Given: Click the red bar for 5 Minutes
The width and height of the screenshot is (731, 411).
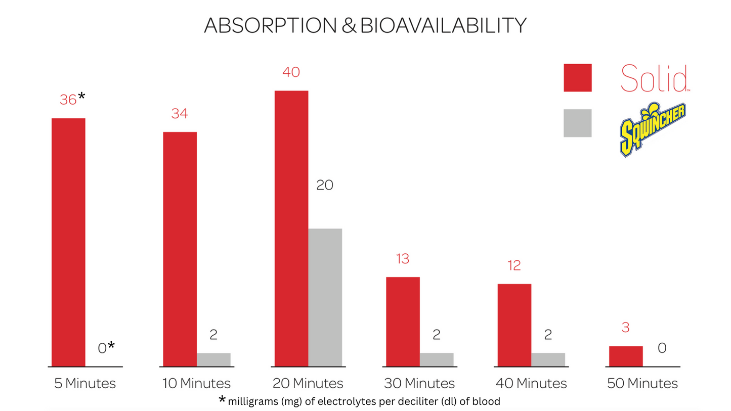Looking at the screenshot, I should click(68, 242).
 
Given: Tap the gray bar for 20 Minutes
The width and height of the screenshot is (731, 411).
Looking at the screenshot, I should click(325, 297).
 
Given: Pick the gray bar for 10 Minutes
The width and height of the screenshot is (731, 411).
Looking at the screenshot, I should click(213, 359).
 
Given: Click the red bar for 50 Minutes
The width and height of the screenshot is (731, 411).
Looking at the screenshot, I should click(626, 356).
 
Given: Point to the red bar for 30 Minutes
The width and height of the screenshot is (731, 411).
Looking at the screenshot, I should click(403, 322).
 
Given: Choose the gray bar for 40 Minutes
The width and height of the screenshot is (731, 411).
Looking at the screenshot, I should click(548, 359).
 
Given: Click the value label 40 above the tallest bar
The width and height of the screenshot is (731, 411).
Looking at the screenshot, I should click(291, 72).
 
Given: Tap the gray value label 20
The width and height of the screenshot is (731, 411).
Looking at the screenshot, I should click(325, 186).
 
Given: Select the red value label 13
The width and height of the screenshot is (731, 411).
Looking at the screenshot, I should click(403, 259).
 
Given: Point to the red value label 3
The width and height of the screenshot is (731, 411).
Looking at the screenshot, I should click(626, 328).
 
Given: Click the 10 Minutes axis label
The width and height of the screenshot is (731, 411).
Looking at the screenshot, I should click(196, 383).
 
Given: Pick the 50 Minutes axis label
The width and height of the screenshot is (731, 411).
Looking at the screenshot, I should click(642, 383).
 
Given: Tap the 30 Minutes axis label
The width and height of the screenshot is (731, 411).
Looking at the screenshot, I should click(419, 383).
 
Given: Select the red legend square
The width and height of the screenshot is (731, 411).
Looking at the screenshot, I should click(577, 78).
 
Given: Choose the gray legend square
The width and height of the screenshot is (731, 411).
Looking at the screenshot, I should click(577, 123).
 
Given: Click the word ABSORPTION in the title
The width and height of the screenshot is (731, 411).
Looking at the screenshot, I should click(271, 25).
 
